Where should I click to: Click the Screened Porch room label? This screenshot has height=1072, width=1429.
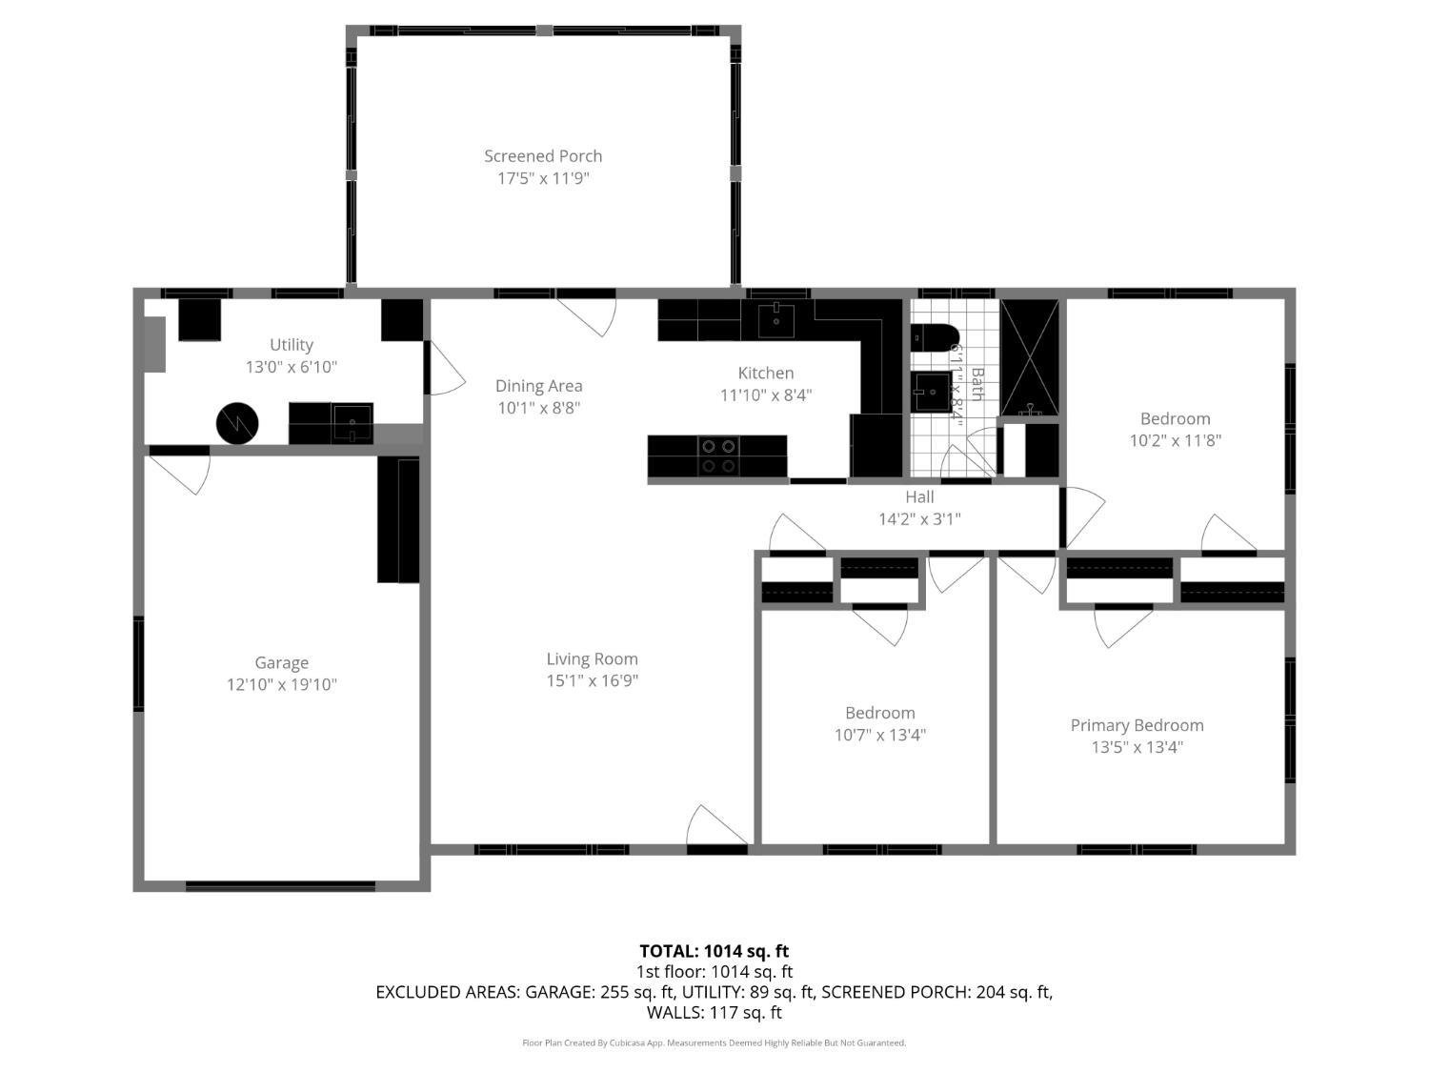pos(543,156)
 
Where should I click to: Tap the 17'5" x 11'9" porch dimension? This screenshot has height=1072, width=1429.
pos(543,178)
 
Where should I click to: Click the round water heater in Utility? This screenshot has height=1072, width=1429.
pos(237,423)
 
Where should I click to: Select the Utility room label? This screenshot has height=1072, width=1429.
pos(292,345)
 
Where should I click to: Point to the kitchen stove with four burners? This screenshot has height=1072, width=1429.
pos(718,456)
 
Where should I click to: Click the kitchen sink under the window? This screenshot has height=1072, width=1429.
pos(776,320)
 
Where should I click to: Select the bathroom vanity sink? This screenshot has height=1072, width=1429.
pos(931,392)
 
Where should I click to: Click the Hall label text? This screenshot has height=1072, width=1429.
pos(919,497)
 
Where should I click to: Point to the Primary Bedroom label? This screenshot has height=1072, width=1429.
pos(1137,725)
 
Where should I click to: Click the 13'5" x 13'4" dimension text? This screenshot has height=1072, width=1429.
pos(1137,747)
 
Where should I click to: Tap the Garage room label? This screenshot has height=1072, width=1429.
pos(281,663)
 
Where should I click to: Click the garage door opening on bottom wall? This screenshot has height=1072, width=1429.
pos(280,886)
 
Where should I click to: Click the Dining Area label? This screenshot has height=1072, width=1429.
pos(538,386)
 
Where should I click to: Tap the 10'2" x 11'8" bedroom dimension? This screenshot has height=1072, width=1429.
pos(1175,440)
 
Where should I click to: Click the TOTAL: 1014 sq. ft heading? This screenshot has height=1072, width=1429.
pos(714,951)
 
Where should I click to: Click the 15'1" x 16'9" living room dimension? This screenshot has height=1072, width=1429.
pos(592,680)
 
